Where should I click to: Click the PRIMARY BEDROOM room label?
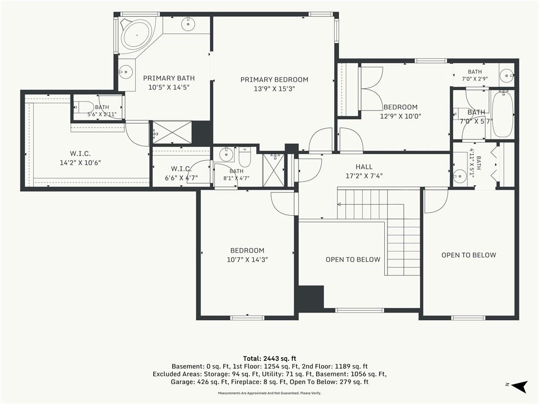click(x=274, y=80)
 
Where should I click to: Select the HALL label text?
click(x=364, y=167)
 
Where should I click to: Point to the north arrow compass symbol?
click(x=520, y=386)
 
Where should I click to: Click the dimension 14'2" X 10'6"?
click(x=80, y=163)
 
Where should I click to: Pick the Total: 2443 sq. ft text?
click(x=269, y=359)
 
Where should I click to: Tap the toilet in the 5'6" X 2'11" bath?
click(x=81, y=107)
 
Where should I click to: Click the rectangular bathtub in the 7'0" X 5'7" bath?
click(x=503, y=114)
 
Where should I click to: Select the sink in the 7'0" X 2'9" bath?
click(x=506, y=75)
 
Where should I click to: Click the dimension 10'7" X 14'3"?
click(x=247, y=260)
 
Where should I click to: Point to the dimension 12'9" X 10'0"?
click(x=401, y=116)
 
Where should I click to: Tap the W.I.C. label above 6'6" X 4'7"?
click(x=181, y=169)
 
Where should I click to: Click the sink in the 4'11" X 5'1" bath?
click(x=459, y=176)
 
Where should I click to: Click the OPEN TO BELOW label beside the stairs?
click(x=353, y=260)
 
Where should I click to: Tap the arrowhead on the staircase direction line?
click(x=339, y=205)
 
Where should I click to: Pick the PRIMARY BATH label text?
click(x=169, y=78)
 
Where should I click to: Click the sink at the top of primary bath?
click(x=188, y=23)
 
